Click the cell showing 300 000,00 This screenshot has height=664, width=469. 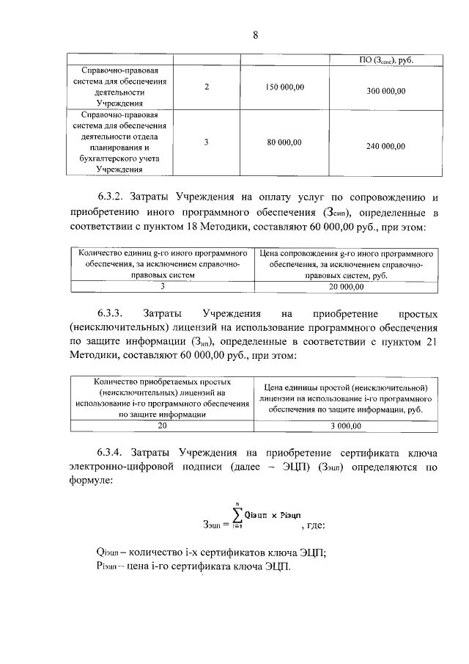click(385, 90)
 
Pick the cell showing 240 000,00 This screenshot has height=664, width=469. click(385, 146)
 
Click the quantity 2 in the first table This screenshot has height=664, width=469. click(207, 87)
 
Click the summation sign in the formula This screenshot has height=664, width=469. click(236, 516)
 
